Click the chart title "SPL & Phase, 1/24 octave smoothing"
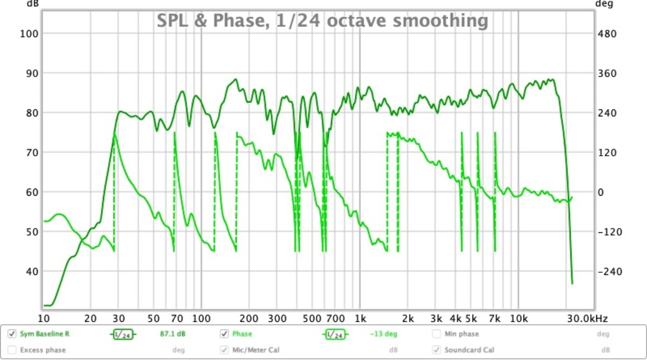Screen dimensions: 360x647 point(322,20)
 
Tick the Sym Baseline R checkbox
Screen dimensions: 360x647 point(11,334)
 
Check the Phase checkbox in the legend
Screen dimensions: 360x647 point(224,334)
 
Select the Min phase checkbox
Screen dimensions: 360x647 point(436,334)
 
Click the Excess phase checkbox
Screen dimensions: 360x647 point(11,350)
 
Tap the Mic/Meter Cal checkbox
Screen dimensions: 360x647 point(224,350)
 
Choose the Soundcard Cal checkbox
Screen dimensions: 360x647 point(436,350)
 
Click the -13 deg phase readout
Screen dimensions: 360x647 point(383,334)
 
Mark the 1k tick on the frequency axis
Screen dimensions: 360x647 point(360,318)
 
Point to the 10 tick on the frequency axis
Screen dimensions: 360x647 point(44,318)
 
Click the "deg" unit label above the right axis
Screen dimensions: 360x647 point(602,3)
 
